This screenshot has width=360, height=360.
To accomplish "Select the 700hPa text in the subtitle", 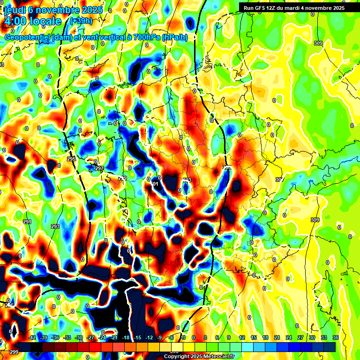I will (146, 37).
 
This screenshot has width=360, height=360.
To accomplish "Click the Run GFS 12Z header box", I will (292, 7).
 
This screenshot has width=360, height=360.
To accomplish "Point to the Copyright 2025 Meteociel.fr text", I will (199, 356).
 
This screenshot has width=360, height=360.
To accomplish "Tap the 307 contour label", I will (280, 180).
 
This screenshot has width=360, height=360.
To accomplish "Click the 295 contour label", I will (71, 159).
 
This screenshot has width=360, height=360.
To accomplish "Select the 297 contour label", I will (99, 168).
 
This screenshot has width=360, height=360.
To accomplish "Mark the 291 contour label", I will (27, 222).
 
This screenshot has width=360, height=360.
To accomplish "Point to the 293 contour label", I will (55, 226).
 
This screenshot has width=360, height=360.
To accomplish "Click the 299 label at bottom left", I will (14, 352).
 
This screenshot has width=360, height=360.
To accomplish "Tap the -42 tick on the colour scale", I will (32, 337).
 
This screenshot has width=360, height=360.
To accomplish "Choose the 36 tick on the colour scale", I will (336, 337).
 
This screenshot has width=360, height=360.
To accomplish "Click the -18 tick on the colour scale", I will (126, 337).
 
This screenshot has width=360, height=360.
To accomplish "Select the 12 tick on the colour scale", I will (242, 337).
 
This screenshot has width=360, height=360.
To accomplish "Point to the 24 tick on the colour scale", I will (288, 337).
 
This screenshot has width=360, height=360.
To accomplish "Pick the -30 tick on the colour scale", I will (79, 337).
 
